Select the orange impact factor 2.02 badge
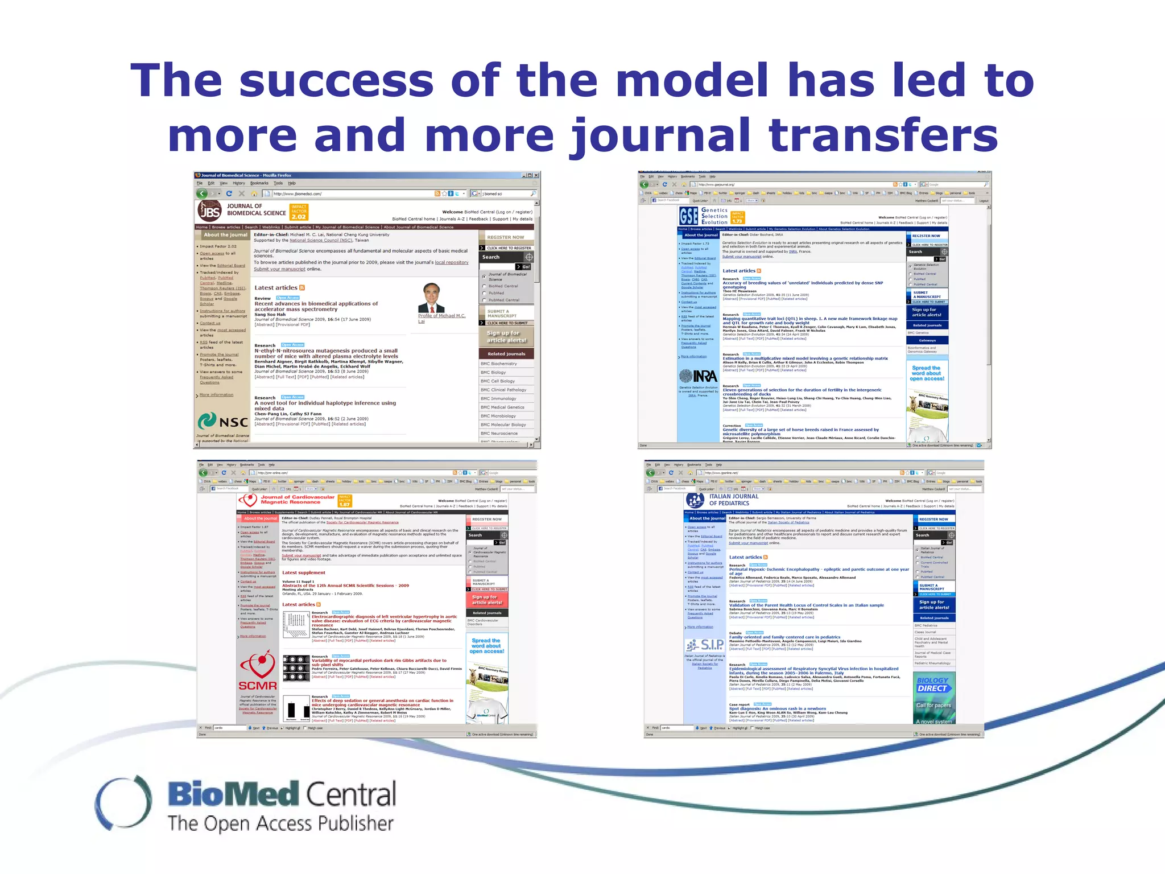coord(299,212)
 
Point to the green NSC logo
coord(222,422)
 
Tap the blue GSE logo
coord(688,216)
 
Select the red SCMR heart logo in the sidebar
coord(258,671)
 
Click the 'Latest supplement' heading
coord(304,572)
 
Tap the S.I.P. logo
coord(705,645)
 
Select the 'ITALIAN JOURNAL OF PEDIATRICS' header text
coord(733,500)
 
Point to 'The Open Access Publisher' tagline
coord(280,823)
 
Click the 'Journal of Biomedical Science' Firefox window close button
coord(536,175)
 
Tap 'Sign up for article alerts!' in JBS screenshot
coord(506,336)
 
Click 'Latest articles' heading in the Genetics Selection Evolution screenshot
coord(738,271)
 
